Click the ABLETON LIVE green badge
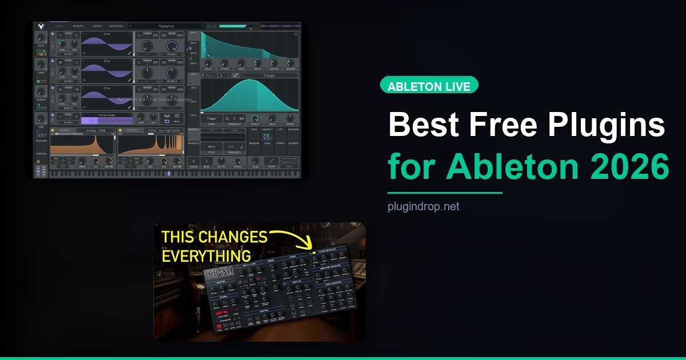click(429, 86)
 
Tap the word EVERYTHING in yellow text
click(206, 255)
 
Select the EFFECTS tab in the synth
click(78, 26)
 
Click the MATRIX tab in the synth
click(97, 26)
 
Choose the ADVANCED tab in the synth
click(116, 26)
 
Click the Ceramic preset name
click(167, 26)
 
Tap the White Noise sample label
click(107, 115)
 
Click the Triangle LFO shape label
click(269, 75)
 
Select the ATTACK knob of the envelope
click(224, 63)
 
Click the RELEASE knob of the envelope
click(290, 63)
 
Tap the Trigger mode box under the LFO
click(212, 118)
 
